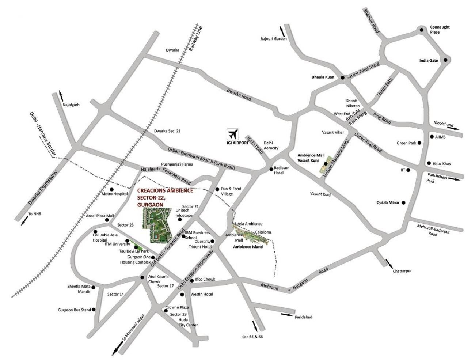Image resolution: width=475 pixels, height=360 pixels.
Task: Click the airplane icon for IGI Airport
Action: pyautogui.click(x=233, y=133)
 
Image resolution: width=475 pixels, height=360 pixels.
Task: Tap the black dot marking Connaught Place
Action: pyautogui.click(x=422, y=30)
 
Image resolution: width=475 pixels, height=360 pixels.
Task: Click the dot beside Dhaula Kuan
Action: pyautogui.click(x=342, y=77)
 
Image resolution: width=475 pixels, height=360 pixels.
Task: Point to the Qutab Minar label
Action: pyautogui.click(x=388, y=202)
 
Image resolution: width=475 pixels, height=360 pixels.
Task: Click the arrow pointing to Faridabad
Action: pyautogui.click(x=287, y=314)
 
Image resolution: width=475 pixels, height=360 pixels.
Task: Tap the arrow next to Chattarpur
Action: pyautogui.click(x=389, y=263)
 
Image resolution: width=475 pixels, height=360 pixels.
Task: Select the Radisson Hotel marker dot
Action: pyautogui.click(x=271, y=168)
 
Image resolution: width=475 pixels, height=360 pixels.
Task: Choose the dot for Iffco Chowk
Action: pyautogui.click(x=192, y=280)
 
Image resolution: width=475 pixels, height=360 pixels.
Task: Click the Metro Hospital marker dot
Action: pyautogui.click(x=112, y=189)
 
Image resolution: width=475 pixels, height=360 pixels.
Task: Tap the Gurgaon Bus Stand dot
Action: pyautogui.click(x=94, y=310)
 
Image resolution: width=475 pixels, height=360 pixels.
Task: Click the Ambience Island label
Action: pyautogui.click(x=248, y=247)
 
